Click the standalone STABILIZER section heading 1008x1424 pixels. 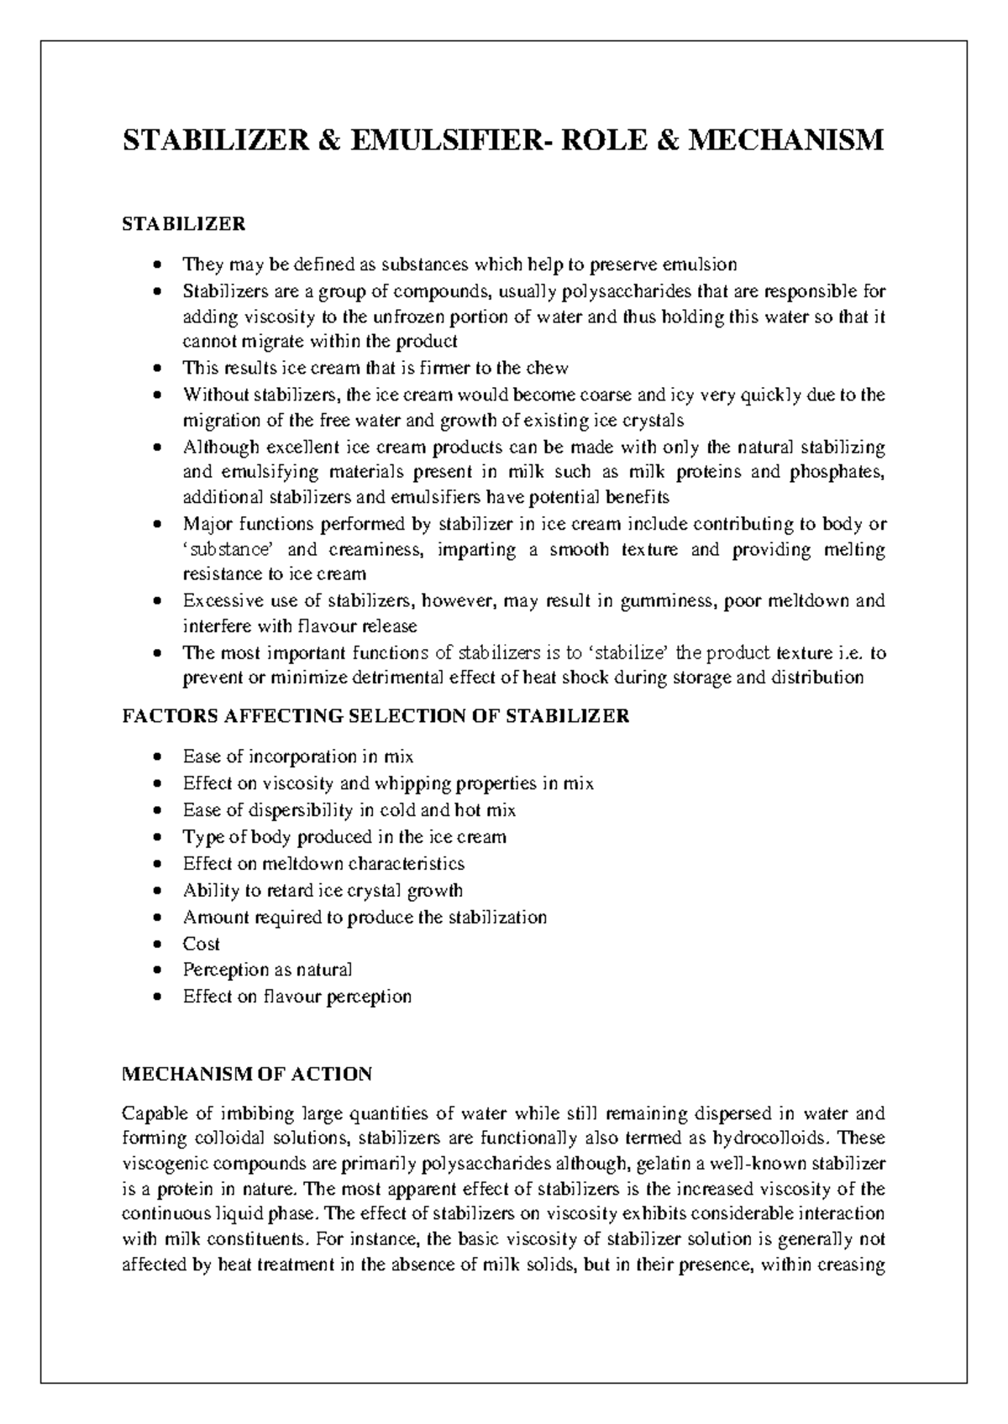[x=184, y=224]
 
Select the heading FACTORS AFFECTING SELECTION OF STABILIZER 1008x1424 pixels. [x=375, y=716]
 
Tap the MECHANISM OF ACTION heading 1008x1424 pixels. [x=247, y=1074]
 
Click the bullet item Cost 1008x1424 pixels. [x=202, y=944]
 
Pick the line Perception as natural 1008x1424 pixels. [x=267, y=970]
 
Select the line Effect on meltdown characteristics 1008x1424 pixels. [x=323, y=863]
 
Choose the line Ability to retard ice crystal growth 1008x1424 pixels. [x=323, y=890]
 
